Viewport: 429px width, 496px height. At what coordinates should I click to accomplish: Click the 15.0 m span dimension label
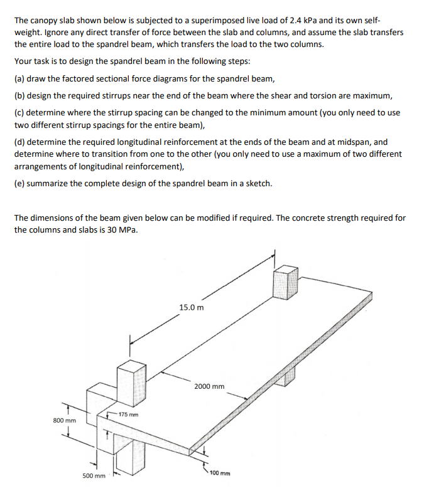tap(191, 308)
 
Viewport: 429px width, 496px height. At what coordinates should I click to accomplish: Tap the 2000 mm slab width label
tap(209, 386)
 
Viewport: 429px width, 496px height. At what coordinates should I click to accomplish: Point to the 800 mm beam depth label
tap(64, 420)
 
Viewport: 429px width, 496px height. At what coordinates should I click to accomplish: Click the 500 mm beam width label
tap(93, 476)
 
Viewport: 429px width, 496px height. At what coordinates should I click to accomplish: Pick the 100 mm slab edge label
tap(219, 472)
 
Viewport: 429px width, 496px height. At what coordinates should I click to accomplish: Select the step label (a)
tap(19, 79)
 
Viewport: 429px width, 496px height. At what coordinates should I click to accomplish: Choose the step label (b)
tap(19, 96)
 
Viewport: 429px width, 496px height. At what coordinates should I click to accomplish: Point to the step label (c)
tap(19, 113)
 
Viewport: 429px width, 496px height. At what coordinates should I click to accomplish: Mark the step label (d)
tap(19, 142)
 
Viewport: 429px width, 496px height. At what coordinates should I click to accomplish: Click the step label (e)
tap(19, 184)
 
